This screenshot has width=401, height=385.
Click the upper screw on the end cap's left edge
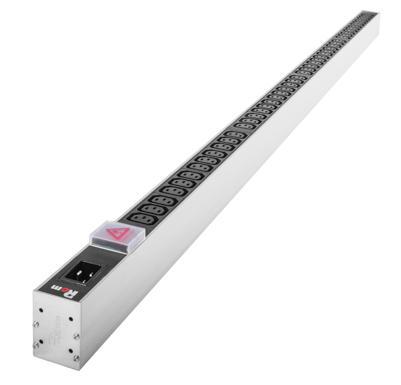(36, 325)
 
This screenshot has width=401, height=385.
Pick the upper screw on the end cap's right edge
(76, 337)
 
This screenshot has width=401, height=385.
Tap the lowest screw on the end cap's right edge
(76, 359)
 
